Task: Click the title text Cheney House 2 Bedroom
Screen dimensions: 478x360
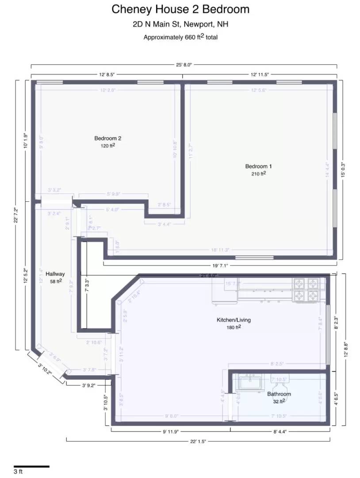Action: point(180,9)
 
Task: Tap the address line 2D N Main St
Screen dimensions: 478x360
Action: point(180,24)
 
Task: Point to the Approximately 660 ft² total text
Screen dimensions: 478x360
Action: point(180,37)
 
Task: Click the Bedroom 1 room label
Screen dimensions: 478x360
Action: point(258,166)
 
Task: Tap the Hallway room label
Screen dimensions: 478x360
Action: point(55,274)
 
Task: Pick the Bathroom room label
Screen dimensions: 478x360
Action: point(279,394)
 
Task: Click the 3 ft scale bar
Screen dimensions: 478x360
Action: point(31,466)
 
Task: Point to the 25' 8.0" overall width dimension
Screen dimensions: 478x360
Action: point(184,65)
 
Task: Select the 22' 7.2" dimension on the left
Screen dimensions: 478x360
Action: point(16,214)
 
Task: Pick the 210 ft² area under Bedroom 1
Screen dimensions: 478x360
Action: point(258,174)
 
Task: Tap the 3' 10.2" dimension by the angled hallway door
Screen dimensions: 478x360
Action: point(45,369)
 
